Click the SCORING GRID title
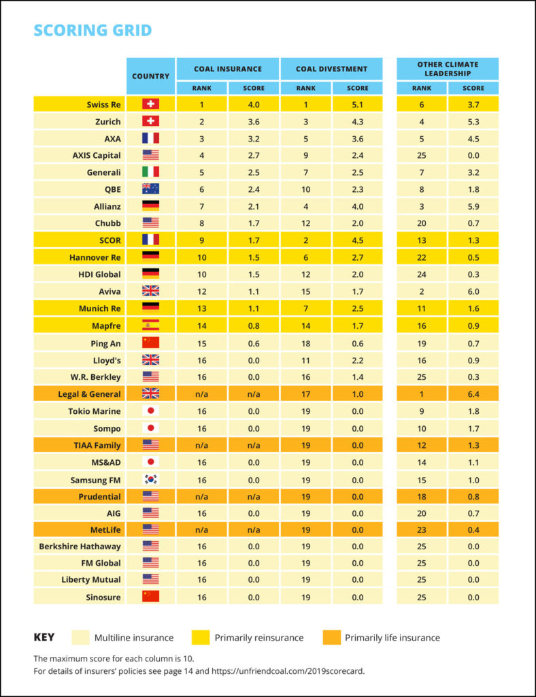[93, 30]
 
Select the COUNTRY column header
[150, 76]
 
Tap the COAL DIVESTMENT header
[332, 69]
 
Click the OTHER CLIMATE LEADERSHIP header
[448, 69]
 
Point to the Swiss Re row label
[103, 104]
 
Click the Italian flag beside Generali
[150, 172]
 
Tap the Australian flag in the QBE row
[150, 189]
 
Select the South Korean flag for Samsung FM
[150, 480]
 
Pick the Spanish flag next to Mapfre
[150, 325]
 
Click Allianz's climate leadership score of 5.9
[473, 206]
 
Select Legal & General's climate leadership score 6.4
[473, 394]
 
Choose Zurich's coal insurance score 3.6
[254, 121]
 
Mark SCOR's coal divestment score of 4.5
[358, 240]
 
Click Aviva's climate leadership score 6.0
[473, 291]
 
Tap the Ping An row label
[105, 343]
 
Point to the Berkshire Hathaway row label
[80, 547]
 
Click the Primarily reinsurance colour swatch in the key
[200, 637]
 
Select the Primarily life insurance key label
[392, 638]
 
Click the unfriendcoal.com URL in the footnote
[288, 670]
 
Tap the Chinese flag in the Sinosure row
[150, 596]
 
